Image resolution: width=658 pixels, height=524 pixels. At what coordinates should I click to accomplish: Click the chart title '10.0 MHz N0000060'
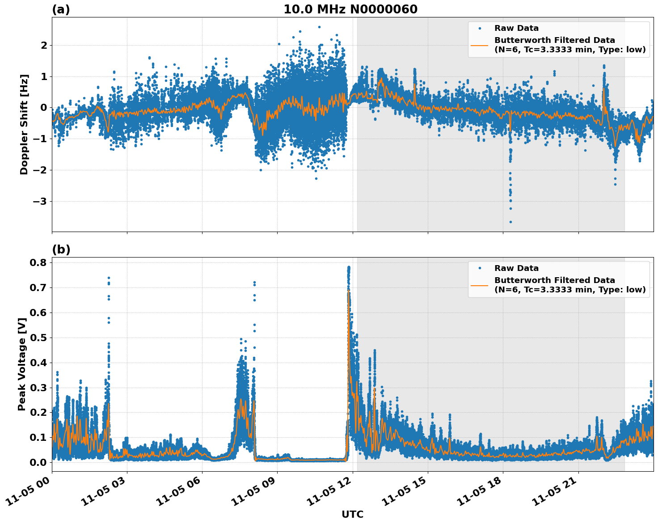[350, 9]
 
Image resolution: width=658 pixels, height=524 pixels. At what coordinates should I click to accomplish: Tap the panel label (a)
[61, 9]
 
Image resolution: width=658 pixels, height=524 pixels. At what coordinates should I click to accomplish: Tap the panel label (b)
[61, 249]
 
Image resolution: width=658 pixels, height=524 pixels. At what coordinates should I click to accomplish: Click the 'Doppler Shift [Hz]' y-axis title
[24, 124]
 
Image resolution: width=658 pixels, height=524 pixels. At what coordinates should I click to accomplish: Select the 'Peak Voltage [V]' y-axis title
[21, 364]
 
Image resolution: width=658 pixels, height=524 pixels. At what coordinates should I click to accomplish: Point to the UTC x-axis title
[352, 515]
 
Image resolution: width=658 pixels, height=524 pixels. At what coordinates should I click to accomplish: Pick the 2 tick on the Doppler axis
[44, 45]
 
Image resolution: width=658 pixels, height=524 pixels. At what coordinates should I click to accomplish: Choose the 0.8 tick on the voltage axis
[38, 262]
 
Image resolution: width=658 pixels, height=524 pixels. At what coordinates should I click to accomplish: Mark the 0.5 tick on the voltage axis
[38, 338]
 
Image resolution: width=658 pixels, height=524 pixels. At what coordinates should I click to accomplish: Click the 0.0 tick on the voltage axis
[38, 462]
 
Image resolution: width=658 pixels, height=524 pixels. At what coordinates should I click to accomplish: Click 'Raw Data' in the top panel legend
[516, 28]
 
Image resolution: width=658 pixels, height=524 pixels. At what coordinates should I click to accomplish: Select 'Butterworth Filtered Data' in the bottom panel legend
[554, 280]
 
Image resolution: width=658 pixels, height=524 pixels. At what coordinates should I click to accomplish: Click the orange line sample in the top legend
[479, 45]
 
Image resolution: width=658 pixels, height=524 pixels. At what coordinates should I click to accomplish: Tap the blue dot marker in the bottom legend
[479, 268]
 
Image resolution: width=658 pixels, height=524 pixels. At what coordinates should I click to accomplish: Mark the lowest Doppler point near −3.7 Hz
[510, 222]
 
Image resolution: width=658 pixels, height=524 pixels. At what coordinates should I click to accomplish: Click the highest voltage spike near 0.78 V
[349, 267]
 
